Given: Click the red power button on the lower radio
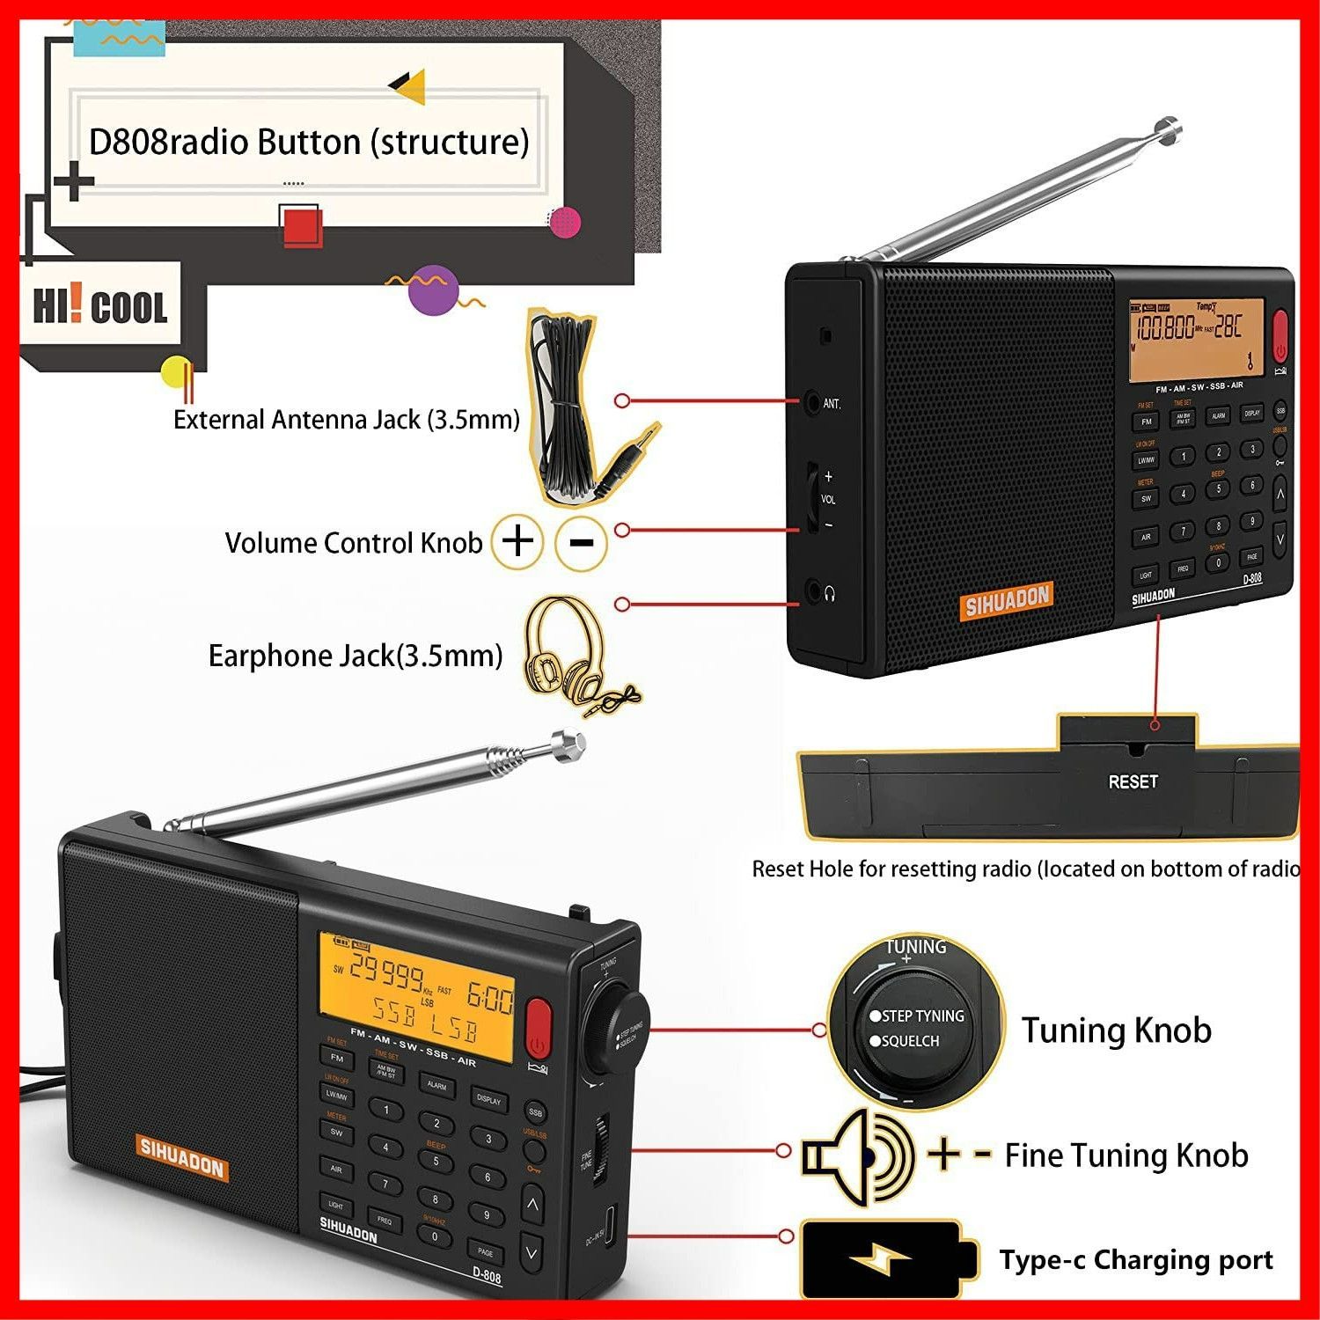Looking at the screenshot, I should (539, 1026).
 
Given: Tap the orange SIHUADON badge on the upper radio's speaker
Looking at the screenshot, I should (1007, 601).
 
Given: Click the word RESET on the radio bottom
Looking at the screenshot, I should (1133, 781).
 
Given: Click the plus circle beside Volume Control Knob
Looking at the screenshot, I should (517, 540).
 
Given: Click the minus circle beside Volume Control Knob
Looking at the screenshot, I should (582, 542).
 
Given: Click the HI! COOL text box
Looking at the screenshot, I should (100, 306).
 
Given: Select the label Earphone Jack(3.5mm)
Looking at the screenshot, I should (355, 656).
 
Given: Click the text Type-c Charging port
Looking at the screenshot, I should (1136, 1260).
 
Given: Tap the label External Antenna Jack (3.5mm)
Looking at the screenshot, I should (346, 420).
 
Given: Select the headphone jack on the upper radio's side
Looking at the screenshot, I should (812, 592).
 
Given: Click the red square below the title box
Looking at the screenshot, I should (302, 226).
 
